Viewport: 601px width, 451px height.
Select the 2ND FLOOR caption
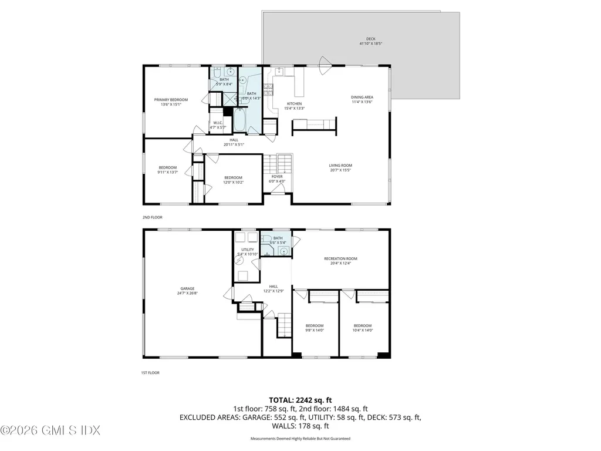152,217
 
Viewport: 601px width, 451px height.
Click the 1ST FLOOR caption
151,372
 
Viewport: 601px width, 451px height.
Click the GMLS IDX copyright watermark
50,430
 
